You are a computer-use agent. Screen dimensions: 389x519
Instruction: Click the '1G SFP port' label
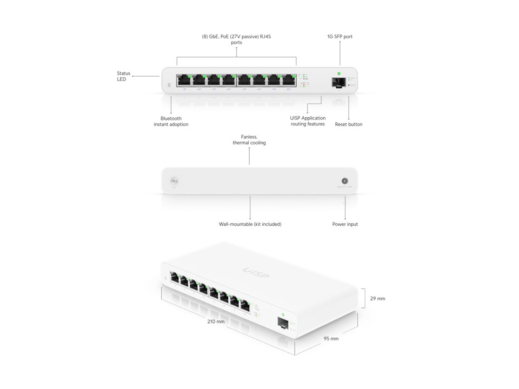click(340, 37)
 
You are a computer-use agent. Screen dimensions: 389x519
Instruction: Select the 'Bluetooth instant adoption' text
click(171, 121)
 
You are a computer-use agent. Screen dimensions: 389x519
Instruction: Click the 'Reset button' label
click(349, 124)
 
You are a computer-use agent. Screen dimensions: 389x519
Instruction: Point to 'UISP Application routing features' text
click(308, 121)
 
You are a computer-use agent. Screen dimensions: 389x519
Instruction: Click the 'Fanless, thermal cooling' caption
click(249, 140)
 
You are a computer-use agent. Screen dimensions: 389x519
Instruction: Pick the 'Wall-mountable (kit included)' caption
click(250, 224)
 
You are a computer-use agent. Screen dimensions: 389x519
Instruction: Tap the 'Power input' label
click(345, 224)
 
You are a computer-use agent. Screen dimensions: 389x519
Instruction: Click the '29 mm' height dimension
click(377, 298)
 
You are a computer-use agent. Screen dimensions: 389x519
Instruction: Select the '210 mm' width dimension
click(216, 321)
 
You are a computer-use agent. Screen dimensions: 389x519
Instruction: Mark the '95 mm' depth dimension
click(331, 339)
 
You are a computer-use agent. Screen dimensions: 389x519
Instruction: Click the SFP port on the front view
click(340, 83)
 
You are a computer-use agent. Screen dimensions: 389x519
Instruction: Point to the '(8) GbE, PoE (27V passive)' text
click(236, 37)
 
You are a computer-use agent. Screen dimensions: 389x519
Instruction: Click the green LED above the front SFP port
click(340, 73)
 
